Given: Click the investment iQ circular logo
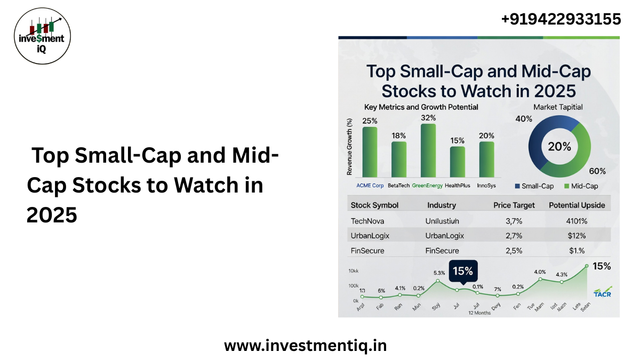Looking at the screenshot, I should click(42, 36).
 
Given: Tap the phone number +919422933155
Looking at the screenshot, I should click(561, 20).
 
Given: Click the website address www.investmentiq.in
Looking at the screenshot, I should click(305, 346).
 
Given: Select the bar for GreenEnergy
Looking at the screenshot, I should click(428, 150).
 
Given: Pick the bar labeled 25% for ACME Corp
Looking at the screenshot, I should click(370, 152).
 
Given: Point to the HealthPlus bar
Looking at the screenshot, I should click(457, 162).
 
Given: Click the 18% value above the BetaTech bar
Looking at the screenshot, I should click(398, 135).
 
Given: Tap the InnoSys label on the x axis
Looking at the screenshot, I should click(486, 185).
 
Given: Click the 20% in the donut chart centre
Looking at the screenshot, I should click(559, 146).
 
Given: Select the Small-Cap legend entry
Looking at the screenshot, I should click(535, 186).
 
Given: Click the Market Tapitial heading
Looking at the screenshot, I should click(558, 107).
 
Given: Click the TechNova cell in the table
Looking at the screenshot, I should click(367, 221).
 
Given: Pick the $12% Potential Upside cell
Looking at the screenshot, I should click(577, 236).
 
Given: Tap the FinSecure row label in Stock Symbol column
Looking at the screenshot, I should click(367, 251).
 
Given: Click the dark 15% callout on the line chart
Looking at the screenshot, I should click(463, 271).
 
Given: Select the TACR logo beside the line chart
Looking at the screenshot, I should click(602, 292).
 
